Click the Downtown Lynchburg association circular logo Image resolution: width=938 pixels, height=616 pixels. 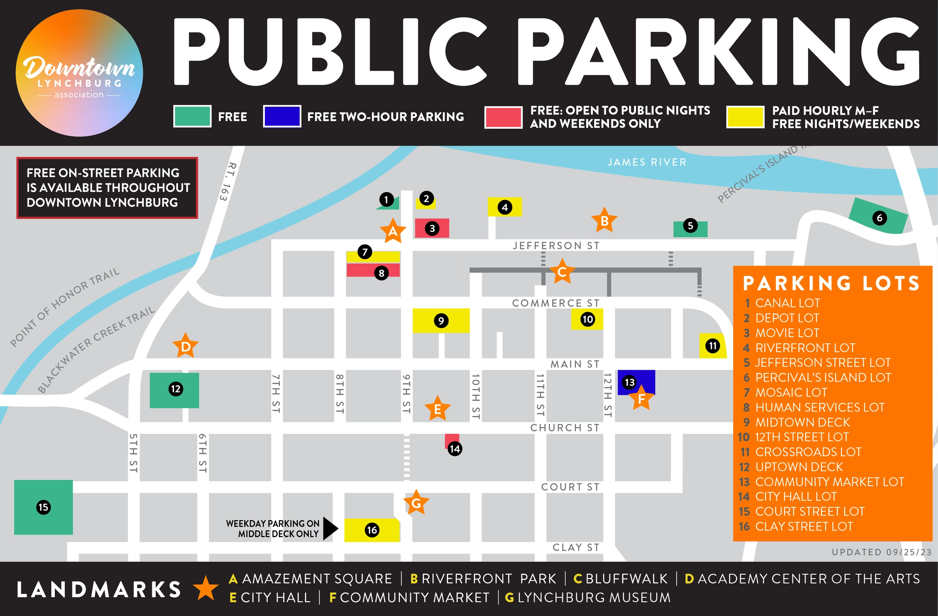[x=79, y=73]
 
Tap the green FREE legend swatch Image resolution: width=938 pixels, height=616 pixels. [x=192, y=116]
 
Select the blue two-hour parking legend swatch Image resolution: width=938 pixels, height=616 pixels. [x=282, y=116]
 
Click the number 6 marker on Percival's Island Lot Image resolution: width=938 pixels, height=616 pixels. [x=879, y=218]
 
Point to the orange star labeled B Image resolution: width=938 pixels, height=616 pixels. [x=604, y=221]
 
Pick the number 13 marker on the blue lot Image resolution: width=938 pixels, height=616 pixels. [x=630, y=382]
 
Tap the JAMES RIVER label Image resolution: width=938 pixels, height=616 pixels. [x=647, y=162]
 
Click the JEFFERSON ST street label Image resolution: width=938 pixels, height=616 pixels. [x=556, y=245]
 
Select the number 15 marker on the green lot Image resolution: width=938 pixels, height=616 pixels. [x=44, y=507]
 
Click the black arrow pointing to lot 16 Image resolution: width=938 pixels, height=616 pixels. [x=330, y=529]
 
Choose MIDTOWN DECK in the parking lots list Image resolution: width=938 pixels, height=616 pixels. [x=802, y=422]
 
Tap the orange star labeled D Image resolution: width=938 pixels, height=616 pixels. [x=185, y=346]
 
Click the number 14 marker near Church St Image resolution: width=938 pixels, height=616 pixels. [x=455, y=449]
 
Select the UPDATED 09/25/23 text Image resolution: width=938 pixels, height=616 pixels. [x=881, y=552]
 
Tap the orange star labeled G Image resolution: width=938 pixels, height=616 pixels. [x=416, y=503]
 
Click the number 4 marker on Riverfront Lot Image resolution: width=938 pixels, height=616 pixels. [x=505, y=207]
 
